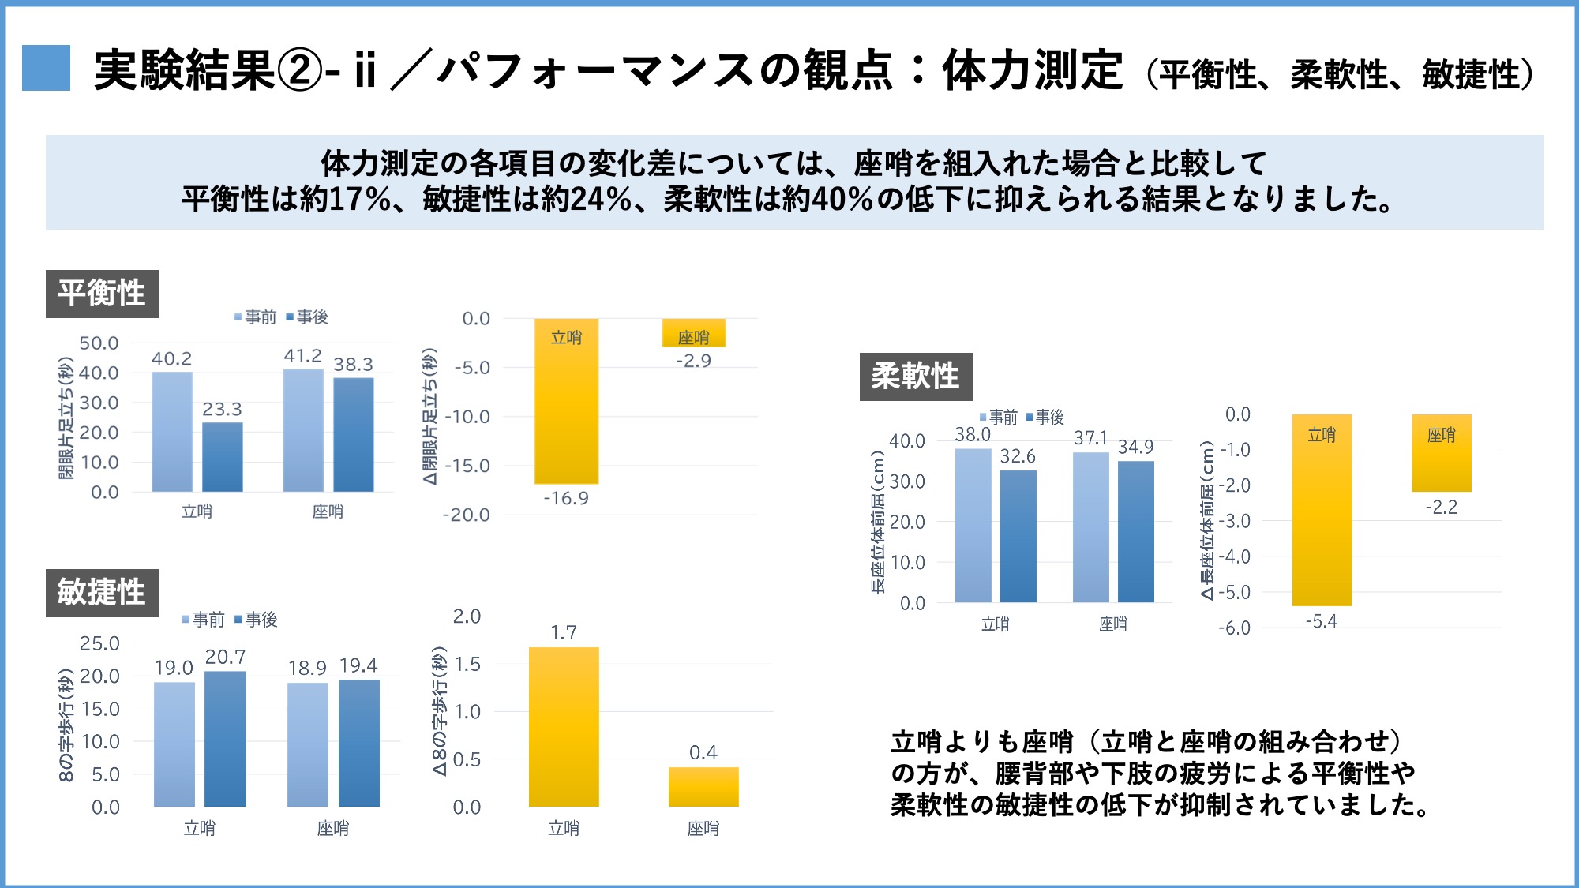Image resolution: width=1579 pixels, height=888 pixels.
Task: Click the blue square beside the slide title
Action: click(46, 68)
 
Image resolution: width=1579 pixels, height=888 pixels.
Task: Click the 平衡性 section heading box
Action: click(102, 294)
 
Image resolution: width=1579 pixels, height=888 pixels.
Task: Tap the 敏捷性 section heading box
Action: click(102, 592)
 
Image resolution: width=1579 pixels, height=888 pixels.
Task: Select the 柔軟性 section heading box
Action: click(916, 377)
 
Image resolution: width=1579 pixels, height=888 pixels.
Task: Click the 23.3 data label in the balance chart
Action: click(222, 409)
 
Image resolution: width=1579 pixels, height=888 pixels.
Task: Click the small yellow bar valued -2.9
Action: click(693, 333)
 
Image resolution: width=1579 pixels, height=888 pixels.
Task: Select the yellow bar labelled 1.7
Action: click(564, 726)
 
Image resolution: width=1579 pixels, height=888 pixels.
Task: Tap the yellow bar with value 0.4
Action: click(703, 786)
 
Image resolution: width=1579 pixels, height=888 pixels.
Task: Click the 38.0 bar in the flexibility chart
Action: click(973, 525)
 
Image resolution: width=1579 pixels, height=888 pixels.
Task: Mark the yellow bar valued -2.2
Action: click(1442, 454)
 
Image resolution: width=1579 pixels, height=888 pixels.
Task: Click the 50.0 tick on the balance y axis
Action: click(99, 343)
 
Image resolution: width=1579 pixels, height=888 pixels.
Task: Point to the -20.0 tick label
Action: click(466, 515)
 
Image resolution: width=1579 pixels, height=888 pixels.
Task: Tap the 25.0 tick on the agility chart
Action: click(99, 643)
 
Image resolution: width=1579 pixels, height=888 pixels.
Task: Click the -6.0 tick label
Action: click(1235, 628)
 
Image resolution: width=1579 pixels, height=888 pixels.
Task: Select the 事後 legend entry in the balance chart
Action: click(307, 317)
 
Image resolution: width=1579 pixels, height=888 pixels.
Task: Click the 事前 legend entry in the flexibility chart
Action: click(999, 417)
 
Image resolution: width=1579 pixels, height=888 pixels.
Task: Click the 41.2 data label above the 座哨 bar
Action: click(303, 356)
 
